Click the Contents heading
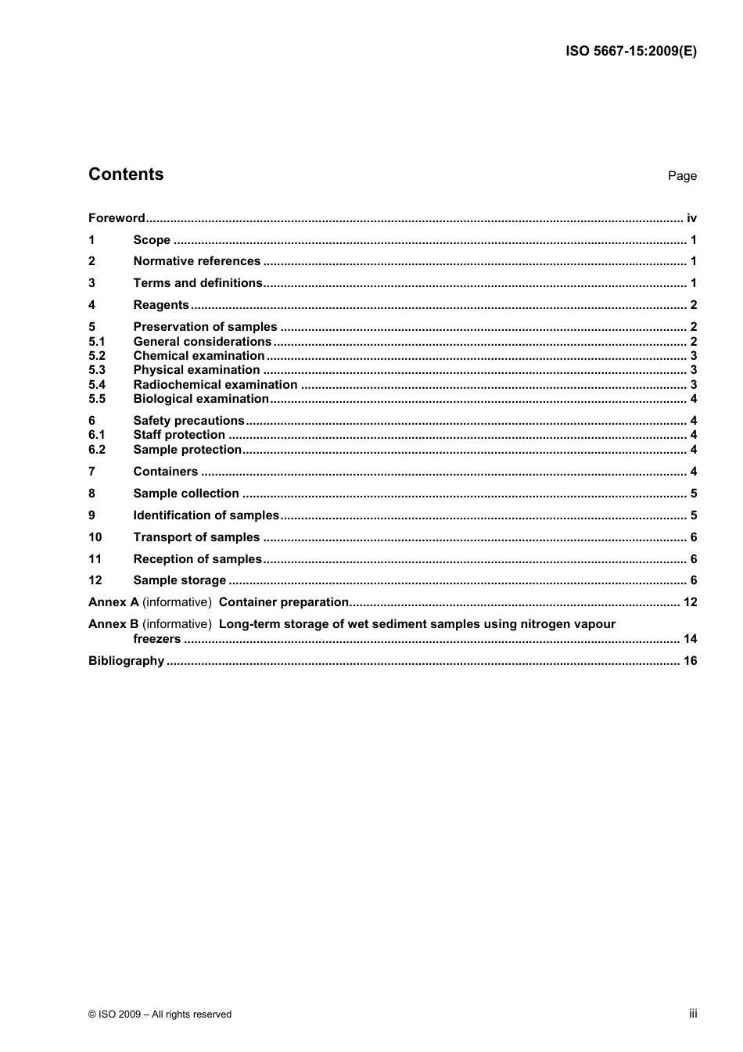tap(126, 174)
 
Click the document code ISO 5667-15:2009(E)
tap(630, 52)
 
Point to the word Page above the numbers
tap(682, 176)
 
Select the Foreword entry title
tap(117, 218)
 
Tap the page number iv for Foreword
tap(691, 218)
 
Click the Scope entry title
tap(152, 240)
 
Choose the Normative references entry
tap(196, 261)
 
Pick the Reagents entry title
tap(161, 305)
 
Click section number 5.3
tap(97, 370)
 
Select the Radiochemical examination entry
tap(215, 385)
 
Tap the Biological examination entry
tap(201, 399)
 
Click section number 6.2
tap(97, 450)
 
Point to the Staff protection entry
tap(179, 435)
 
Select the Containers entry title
tap(166, 472)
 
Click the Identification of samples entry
tap(206, 515)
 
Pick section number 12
tap(95, 580)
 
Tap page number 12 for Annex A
tap(690, 602)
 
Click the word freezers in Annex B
tap(156, 639)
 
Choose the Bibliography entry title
tap(126, 661)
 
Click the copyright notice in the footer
tap(160, 1014)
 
